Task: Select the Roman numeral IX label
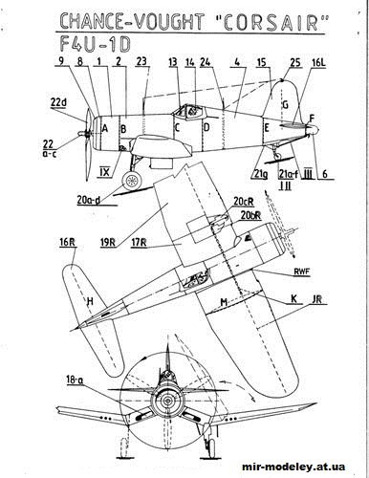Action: click(x=105, y=172)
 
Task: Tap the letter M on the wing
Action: click(x=223, y=304)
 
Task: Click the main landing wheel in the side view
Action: click(x=136, y=179)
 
